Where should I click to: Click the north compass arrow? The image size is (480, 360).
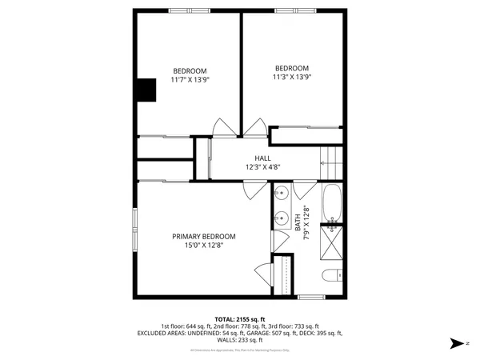pos(457,342)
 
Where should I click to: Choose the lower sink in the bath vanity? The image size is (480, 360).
pos(282,217)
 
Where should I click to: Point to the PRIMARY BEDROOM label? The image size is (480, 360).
pos(204,236)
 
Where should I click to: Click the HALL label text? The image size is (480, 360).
pos(262,158)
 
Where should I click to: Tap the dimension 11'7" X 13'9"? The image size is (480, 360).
pos(190,79)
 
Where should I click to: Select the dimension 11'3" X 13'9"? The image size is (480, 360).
pos(291,78)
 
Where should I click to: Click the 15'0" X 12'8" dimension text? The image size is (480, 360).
pos(204,246)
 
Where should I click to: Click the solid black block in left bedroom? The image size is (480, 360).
pos(146,90)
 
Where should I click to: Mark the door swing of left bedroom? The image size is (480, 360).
pos(225,126)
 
